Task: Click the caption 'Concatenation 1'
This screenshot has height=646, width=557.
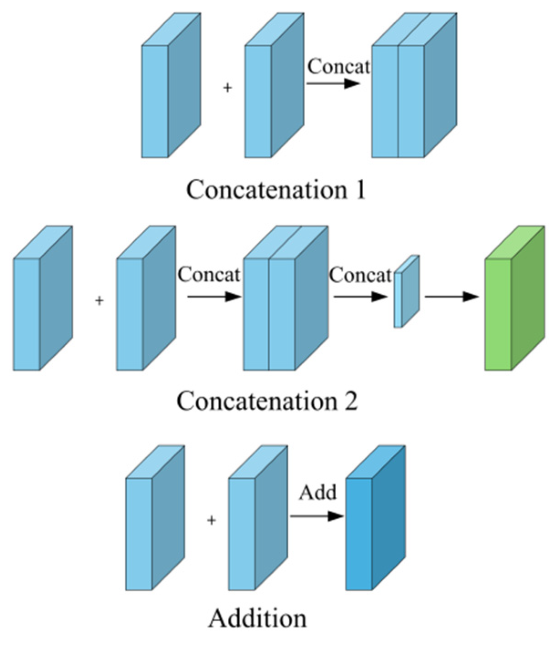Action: coord(276,190)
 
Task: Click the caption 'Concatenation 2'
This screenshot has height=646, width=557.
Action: coord(267,401)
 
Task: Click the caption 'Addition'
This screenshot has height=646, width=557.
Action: coord(258,618)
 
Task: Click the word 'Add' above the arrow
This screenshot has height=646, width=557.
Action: coord(317,493)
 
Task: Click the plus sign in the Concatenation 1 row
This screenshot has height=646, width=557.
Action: coord(227,88)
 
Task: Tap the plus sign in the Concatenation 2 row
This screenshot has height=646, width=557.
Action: coord(99,301)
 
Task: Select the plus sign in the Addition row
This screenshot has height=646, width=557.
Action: coord(211,521)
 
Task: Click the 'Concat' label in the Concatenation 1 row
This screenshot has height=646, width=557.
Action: coord(338,66)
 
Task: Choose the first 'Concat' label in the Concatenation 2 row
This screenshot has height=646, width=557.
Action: coord(208,275)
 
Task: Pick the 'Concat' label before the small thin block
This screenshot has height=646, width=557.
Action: coord(360,275)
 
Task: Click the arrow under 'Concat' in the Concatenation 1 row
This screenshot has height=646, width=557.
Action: coord(333,84)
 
